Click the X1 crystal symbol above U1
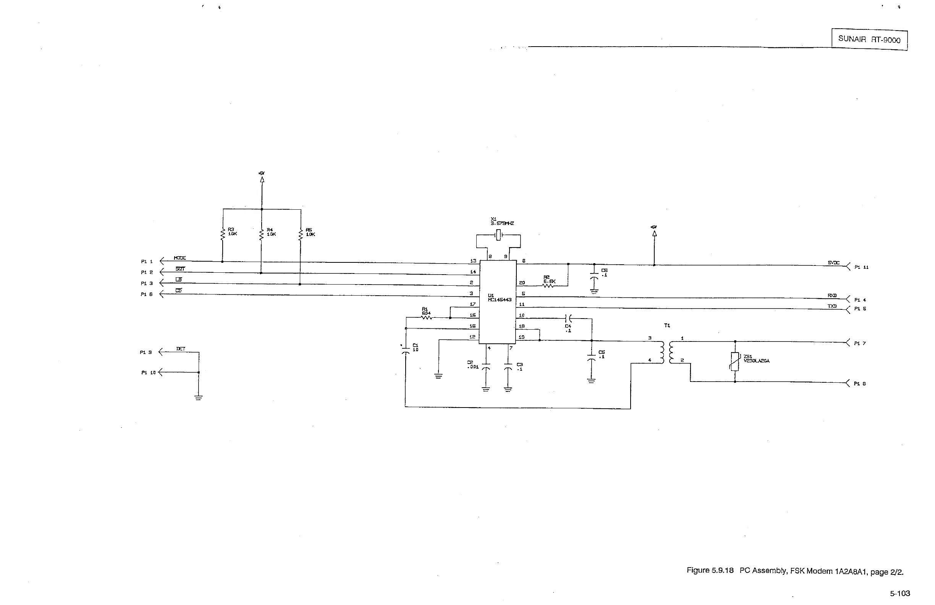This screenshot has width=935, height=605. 498,236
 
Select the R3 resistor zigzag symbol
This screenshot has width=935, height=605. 222,234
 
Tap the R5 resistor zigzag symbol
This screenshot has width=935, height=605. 301,235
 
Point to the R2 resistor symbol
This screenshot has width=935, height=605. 548,286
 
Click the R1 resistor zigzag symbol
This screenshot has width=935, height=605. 426,317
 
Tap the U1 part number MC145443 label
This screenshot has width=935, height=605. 500,300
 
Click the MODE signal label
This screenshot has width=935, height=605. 180,258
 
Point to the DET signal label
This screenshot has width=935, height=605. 181,349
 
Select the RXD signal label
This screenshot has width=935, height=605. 832,295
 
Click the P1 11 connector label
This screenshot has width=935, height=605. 862,267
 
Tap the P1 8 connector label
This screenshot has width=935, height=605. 860,384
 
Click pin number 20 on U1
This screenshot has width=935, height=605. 522,283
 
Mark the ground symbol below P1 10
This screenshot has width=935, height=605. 198,398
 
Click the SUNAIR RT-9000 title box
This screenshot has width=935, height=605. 869,39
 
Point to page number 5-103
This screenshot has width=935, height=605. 899,593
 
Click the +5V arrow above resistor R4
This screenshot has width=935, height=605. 262,180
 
